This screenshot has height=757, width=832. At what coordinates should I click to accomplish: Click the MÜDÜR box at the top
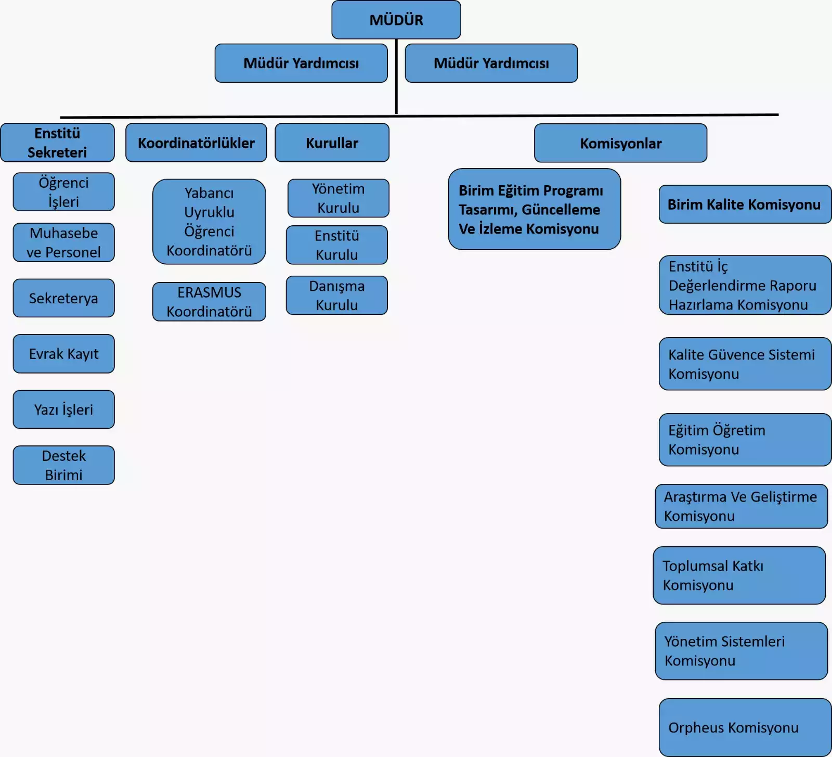pos(396,20)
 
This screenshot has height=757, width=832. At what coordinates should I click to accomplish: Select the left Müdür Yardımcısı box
pos(301,63)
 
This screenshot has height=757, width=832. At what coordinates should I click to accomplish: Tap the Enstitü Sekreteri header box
pos(57,143)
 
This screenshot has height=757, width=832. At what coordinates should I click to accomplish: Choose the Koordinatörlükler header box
pos(196,143)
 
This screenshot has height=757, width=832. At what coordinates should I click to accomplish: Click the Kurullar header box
pos(332,143)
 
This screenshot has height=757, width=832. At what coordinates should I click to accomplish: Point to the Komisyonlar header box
pos(620,143)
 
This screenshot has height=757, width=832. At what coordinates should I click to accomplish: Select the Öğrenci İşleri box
pos(63,192)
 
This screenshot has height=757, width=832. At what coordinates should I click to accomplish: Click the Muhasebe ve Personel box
pos(63,242)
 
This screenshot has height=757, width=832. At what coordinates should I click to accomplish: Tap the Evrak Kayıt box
pos(63,354)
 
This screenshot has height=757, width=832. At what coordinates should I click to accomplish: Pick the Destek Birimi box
pos(63,465)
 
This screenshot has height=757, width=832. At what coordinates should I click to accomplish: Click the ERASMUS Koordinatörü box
pos(209,302)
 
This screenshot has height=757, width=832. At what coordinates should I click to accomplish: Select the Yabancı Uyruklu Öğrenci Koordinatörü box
pos(209,222)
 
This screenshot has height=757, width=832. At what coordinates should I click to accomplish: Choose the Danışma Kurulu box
pos(336,296)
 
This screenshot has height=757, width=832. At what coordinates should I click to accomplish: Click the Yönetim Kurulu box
pos(338,198)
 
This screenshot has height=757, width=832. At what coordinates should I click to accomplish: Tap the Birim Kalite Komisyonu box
pos(745,204)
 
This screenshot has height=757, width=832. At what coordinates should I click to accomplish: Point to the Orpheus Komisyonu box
pos(745,727)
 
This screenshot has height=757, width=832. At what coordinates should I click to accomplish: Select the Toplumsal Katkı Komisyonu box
pos(739,575)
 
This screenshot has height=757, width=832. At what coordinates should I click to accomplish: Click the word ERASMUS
pos(209,292)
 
